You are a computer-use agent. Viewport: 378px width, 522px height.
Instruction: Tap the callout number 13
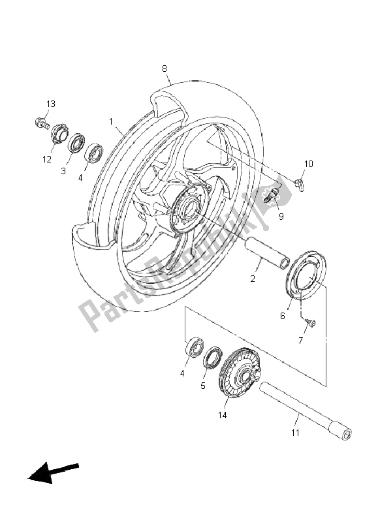pos(50,104)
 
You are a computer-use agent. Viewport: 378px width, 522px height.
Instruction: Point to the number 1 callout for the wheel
pos(112,121)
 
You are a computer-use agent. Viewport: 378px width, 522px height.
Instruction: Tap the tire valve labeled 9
pos(272,195)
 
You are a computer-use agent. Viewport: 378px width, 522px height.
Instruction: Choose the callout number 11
pos(295,433)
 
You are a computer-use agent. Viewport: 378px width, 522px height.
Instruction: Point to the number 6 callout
pos(283,316)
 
